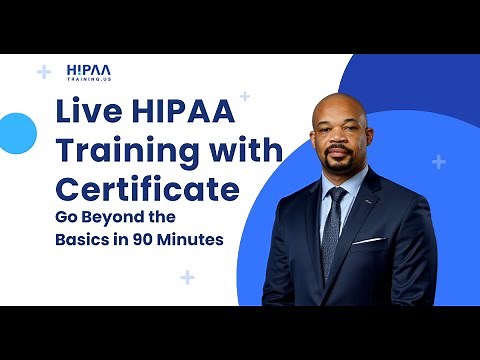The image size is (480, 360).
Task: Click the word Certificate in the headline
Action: (x=146, y=188)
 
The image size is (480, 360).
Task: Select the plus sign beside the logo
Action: (x=43, y=72)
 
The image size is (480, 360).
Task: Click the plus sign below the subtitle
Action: (x=187, y=277)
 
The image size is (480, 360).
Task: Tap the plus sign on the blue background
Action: (x=439, y=161)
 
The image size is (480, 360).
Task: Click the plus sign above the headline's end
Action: (x=245, y=97)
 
